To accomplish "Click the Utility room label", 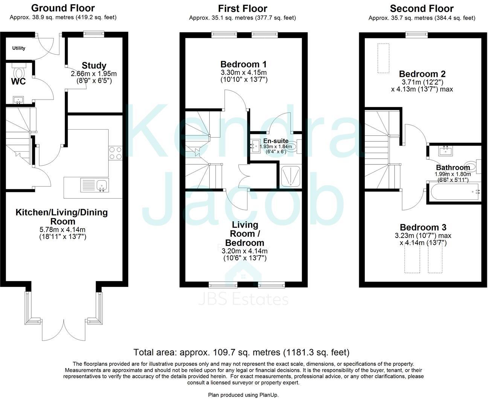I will pos(19,48).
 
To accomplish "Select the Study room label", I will pos(94,65).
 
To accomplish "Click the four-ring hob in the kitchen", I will pos(116,153).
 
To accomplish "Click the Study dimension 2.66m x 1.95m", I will pos(94,74).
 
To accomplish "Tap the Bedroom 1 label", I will pos(244,64).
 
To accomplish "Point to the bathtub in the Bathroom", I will pos(454,192).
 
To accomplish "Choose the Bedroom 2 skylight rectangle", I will pos(384,58).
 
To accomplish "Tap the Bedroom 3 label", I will pos(423,227).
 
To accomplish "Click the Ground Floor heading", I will pos(63,8).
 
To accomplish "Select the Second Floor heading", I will pos(422,8).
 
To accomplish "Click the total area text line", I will pos(241,352).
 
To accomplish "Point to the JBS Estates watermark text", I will pos(244,300).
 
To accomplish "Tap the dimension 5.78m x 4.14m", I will pos(63,229).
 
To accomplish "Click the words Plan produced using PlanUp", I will pos(243,394).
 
